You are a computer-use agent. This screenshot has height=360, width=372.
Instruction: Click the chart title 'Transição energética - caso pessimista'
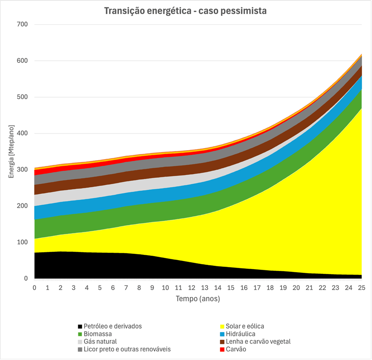[x=185, y=11]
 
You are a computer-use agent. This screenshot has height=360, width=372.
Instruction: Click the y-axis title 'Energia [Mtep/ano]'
[x=12, y=152]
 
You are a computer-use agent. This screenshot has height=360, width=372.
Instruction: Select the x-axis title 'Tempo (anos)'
[x=198, y=299]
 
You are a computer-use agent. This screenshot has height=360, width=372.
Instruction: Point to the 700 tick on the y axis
[x=23, y=24]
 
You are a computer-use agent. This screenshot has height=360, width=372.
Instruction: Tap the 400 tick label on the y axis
[x=23, y=133]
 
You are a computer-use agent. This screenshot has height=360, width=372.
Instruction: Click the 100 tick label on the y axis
[x=23, y=242]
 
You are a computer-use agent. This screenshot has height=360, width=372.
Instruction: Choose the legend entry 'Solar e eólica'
[x=245, y=326]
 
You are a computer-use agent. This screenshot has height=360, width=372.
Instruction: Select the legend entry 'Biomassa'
[x=98, y=334]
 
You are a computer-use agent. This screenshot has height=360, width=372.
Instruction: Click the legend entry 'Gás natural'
[x=100, y=342]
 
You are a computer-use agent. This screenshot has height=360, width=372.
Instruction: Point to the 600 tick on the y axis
[x=23, y=61]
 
